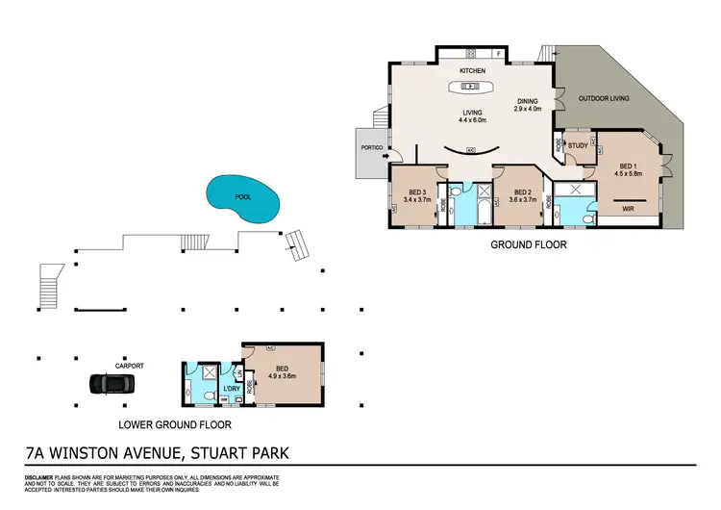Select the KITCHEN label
[472, 71]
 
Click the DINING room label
[527, 100]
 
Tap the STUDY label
[578, 146]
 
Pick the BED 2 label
[522, 191]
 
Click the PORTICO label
[372, 148]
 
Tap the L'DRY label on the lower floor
[231, 388]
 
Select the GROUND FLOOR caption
[528, 244]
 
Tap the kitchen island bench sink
[472, 89]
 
